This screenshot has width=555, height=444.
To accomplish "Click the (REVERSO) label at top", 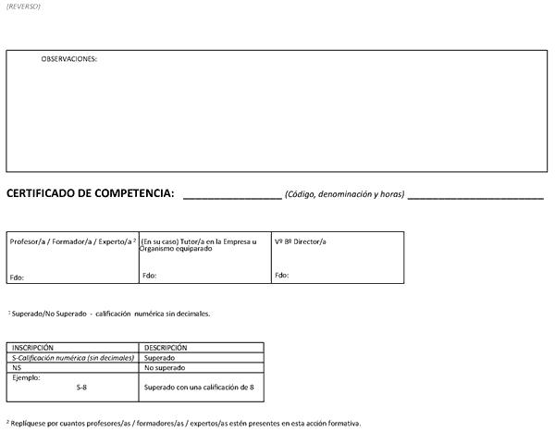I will pyautogui.click(x=23, y=6).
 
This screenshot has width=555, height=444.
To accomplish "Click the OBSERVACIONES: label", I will pyautogui.click(x=69, y=59).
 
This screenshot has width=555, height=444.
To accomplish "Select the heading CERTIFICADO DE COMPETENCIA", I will pyautogui.click(x=90, y=193).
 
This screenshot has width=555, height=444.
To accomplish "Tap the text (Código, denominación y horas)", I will pyautogui.click(x=344, y=194).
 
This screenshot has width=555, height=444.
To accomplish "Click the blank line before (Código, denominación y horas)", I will pyautogui.click(x=232, y=197).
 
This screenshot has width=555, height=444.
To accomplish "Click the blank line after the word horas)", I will pyautogui.click(x=475, y=197).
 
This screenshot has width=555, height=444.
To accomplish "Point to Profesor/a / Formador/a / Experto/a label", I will pyautogui.click(x=72, y=241).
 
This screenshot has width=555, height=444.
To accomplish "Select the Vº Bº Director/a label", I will pyautogui.click(x=301, y=241).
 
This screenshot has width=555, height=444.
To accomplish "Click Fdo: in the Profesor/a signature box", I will pyautogui.click(x=17, y=277).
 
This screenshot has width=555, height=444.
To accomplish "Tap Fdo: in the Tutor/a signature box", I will pyautogui.click(x=150, y=276).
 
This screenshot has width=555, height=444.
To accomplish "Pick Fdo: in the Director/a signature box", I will pyautogui.click(x=282, y=276).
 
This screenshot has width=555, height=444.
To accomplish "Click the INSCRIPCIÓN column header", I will pyautogui.click(x=32, y=348).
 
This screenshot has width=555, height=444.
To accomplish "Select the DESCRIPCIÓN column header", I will pyautogui.click(x=166, y=348).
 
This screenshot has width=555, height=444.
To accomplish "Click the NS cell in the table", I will pyautogui.click(x=17, y=367).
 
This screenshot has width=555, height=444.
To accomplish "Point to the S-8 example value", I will pyautogui.click(x=82, y=387).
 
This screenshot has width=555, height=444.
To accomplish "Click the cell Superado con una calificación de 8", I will pyautogui.click(x=199, y=387).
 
